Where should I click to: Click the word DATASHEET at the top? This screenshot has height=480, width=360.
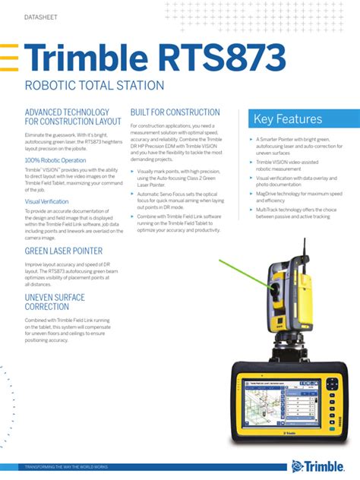coord(40,17)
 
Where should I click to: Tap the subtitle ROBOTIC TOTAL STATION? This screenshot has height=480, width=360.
coord(94,86)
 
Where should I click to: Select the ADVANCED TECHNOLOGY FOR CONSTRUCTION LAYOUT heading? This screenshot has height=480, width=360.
coord(72,116)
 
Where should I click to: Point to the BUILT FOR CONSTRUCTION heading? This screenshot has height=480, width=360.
coord(175,112)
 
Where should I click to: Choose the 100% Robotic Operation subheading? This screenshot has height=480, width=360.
coord(55,161)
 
